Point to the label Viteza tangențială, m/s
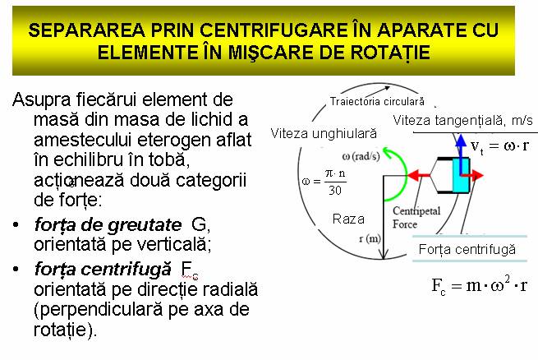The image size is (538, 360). (464, 122)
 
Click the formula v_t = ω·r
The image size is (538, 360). (499, 146)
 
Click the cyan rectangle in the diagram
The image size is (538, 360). (460, 176)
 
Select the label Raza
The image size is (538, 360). (348, 219)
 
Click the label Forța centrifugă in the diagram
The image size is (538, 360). (467, 248)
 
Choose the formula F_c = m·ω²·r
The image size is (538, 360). (479, 287)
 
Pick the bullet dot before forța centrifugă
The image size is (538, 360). (18, 269)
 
